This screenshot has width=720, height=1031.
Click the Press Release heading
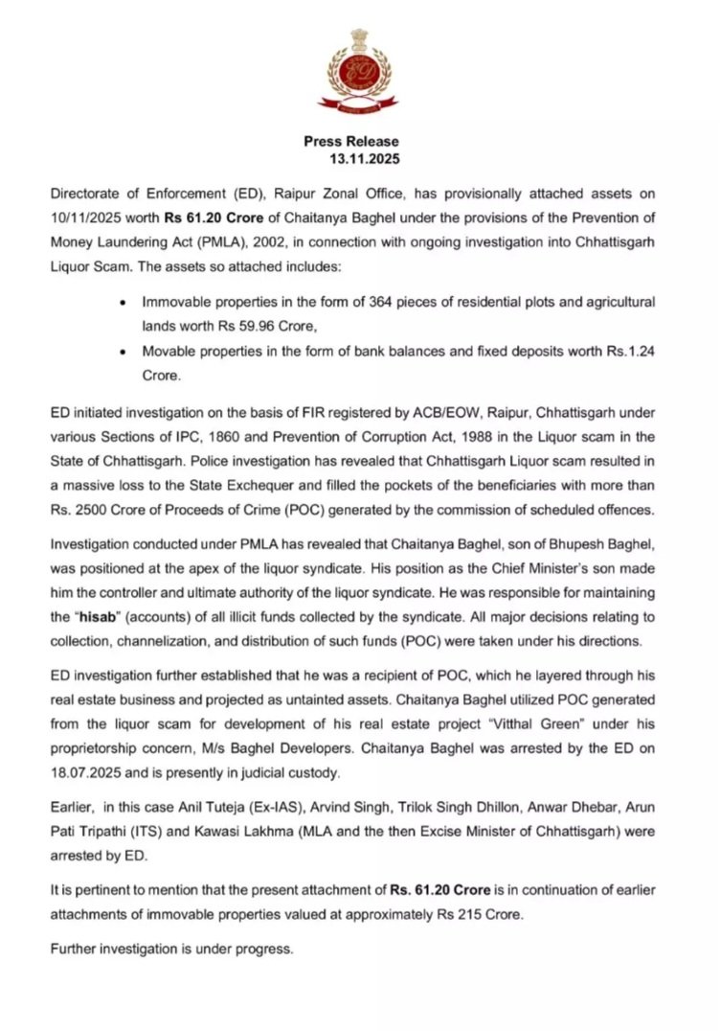point(351,142)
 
